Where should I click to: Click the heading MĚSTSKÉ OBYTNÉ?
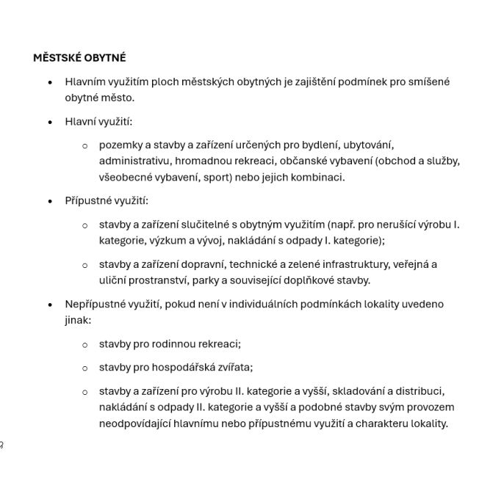[x=79, y=57]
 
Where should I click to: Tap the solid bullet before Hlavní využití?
[x=50, y=123]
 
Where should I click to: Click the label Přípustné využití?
[x=107, y=200]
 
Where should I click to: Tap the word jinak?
[x=78, y=320]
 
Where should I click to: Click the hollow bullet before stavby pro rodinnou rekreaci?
[x=84, y=344]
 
